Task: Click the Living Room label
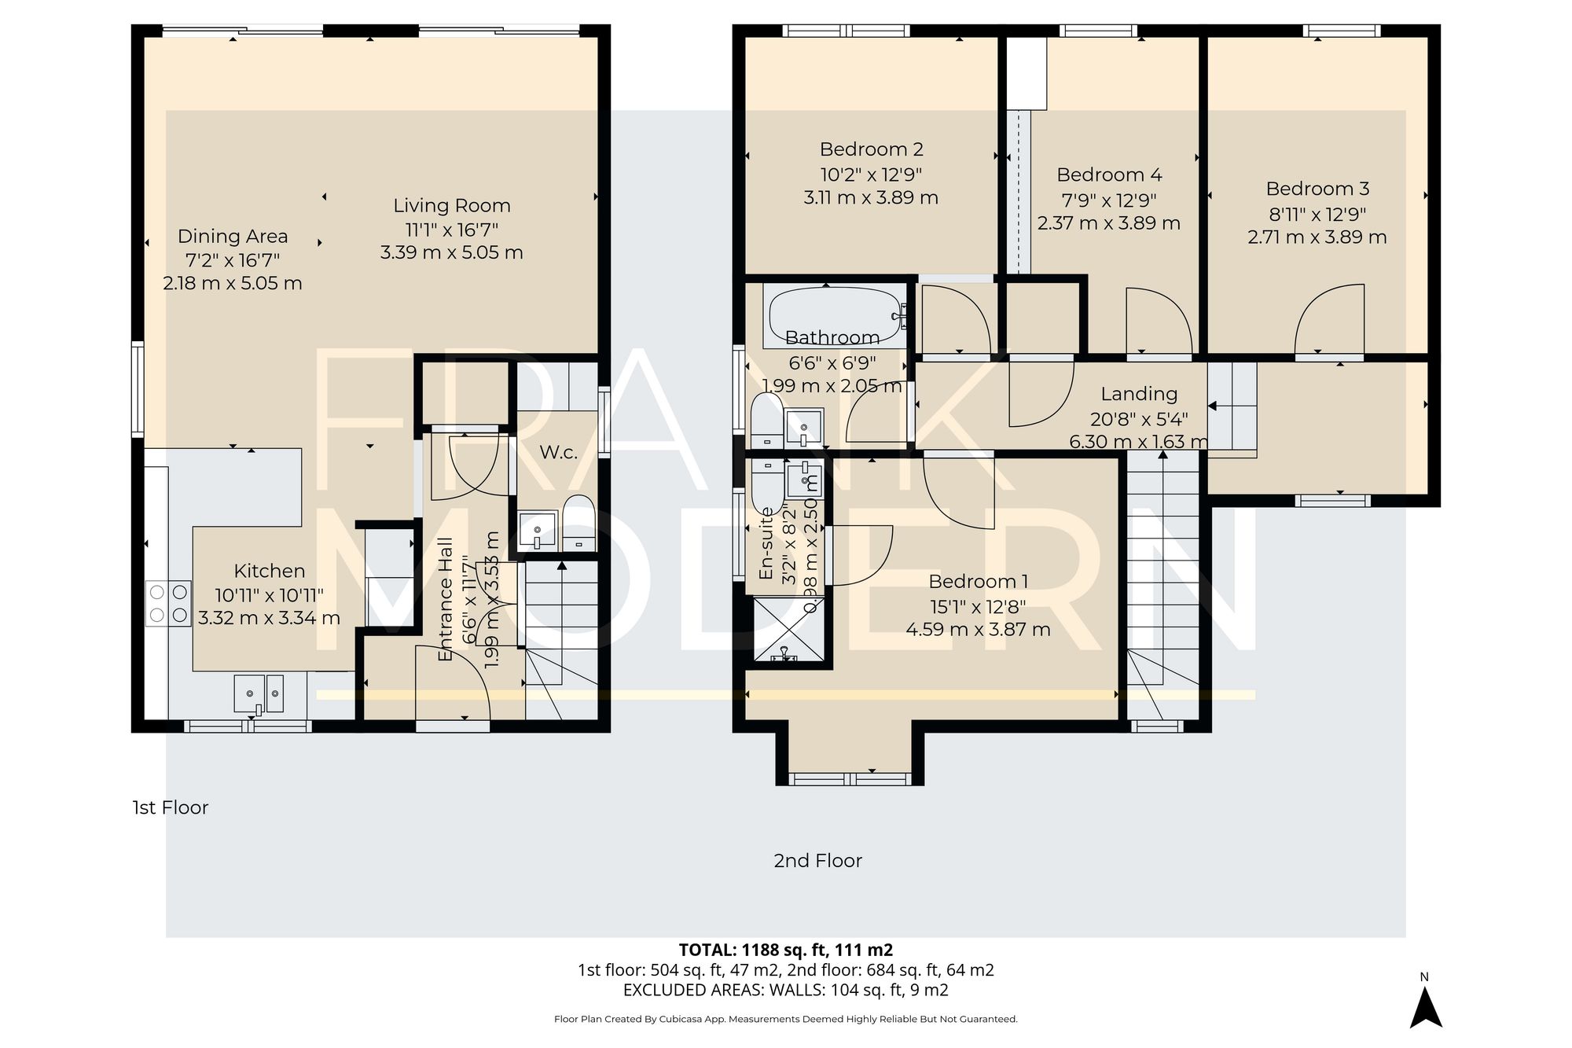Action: [452, 206]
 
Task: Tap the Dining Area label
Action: [233, 236]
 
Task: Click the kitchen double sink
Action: [259, 693]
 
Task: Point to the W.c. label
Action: [558, 453]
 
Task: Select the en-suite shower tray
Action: [789, 629]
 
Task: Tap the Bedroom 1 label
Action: [978, 582]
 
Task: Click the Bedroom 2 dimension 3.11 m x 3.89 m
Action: [870, 198]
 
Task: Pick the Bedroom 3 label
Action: [1317, 189]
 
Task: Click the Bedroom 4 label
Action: [1108, 175]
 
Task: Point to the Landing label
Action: [1138, 394]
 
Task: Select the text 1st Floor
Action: [170, 807]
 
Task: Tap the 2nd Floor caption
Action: [817, 861]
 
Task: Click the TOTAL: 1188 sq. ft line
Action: [785, 950]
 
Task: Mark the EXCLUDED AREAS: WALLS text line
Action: [785, 991]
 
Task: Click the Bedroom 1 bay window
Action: [850, 778]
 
